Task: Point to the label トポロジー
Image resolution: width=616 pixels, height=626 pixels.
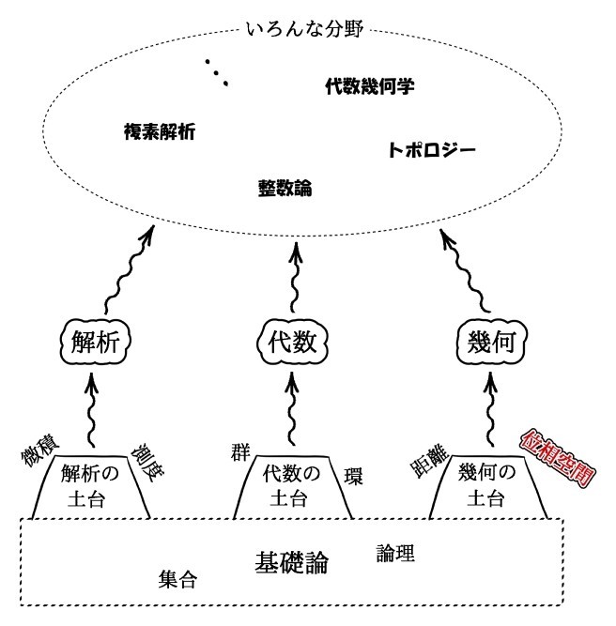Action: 431,150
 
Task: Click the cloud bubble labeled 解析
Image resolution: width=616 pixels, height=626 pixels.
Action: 94,340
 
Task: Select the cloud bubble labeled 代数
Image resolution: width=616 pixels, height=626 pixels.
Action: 293,340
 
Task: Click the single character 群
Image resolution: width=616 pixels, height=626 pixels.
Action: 240,448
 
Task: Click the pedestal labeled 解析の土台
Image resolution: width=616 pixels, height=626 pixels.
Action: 92,486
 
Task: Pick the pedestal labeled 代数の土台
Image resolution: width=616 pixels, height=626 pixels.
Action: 295,486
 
